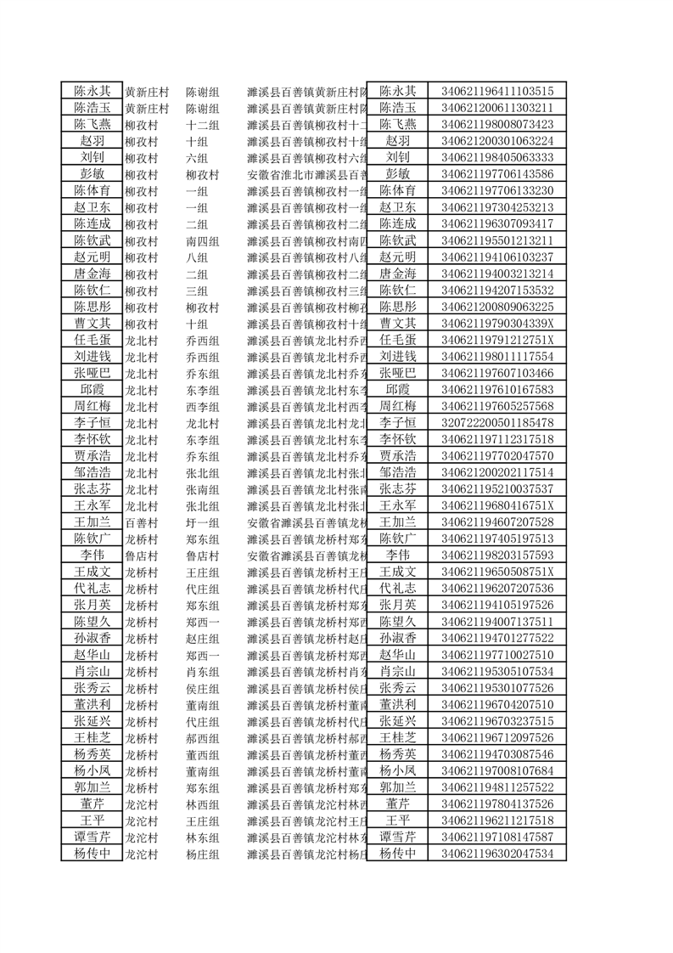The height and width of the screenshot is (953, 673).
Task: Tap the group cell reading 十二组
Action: tap(203, 125)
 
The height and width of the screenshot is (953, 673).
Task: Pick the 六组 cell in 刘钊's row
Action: tap(197, 158)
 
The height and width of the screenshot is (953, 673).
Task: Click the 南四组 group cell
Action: tap(203, 241)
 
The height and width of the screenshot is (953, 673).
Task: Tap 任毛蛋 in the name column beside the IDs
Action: tap(397, 340)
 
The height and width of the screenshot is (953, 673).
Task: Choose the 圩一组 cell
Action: tap(203, 522)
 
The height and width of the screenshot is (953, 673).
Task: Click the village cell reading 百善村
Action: tap(142, 522)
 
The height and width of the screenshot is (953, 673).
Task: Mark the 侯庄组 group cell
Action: tap(203, 688)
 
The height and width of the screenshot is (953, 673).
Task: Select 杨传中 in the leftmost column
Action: tap(92, 854)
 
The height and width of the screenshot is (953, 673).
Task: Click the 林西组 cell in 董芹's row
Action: tap(203, 804)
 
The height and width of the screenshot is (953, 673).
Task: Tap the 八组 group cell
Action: tap(197, 257)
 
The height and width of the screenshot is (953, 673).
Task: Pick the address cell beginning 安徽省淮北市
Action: tap(306, 175)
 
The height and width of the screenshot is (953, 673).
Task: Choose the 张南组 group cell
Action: tap(203, 489)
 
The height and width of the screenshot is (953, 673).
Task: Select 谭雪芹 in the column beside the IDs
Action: tap(397, 837)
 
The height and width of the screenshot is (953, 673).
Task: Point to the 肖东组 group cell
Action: tap(203, 672)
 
